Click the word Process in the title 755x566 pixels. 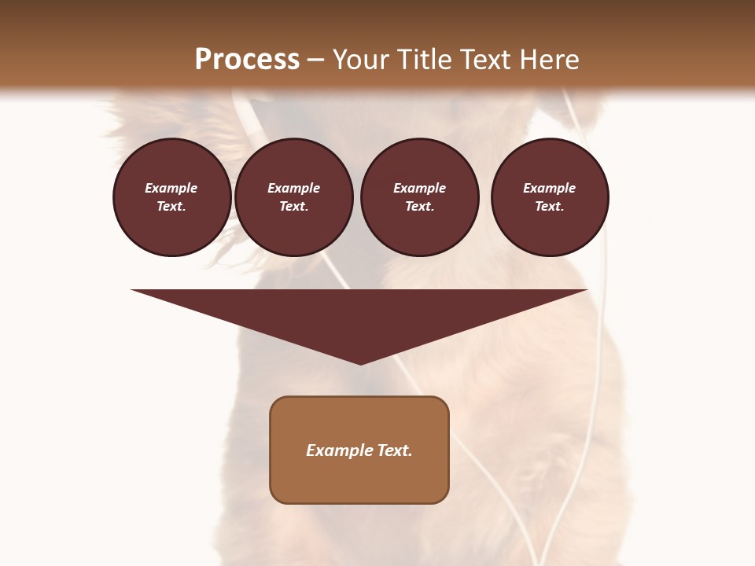pos(247,60)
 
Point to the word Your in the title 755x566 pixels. pos(359,60)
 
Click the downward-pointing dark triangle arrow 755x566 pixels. pos(360,314)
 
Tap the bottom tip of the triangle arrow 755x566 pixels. pos(360,362)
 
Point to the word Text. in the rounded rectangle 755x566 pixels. pos(394,450)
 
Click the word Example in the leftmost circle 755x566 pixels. pos(171,188)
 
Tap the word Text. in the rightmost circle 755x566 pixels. pos(549,207)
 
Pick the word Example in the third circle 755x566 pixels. pos(419,188)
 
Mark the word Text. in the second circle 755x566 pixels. pos(293,207)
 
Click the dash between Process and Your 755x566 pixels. pos(315,61)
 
